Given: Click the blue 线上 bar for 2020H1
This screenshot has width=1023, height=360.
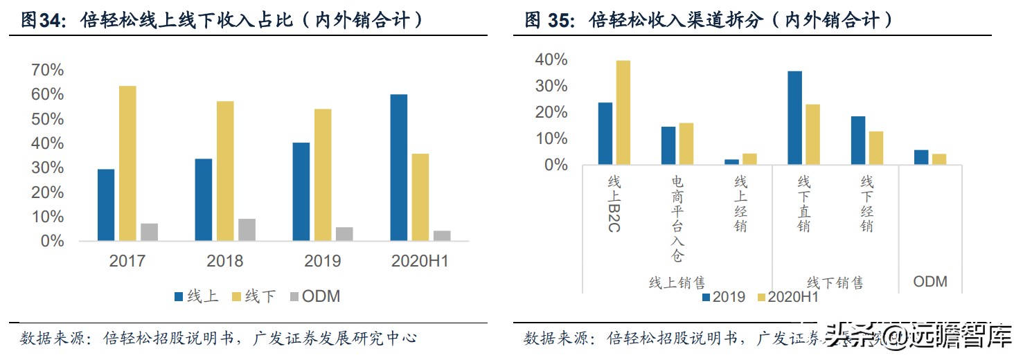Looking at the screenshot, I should coord(398,168).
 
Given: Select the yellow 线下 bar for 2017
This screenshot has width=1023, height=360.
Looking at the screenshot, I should coord(127,163).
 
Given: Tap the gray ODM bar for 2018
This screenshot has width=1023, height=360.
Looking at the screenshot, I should coord(247,230).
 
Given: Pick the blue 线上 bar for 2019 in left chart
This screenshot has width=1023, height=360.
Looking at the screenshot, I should coord(301,192).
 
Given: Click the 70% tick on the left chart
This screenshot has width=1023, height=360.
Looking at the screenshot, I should coord(47,70).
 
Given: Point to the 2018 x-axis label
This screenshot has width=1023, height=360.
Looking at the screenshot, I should coord(225,261).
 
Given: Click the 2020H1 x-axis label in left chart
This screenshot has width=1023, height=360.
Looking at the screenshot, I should coord(420,261).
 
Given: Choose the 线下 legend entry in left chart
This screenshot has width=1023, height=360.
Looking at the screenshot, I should coord(253,296).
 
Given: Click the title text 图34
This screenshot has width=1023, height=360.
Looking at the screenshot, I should coord(42,21).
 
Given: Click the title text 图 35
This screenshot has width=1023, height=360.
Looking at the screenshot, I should coord(549,21).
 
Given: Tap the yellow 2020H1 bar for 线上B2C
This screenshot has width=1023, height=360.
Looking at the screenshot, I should coord(623,113).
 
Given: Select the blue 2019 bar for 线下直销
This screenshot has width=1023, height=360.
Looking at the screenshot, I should coord(794,118).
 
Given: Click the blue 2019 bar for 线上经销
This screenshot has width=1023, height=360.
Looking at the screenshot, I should coord(731,162).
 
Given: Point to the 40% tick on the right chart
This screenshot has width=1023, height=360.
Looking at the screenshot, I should coord(551,60).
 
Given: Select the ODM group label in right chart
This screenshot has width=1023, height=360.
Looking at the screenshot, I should coord(929,282).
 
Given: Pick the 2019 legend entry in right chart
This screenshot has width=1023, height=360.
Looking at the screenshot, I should coord(724,297).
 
